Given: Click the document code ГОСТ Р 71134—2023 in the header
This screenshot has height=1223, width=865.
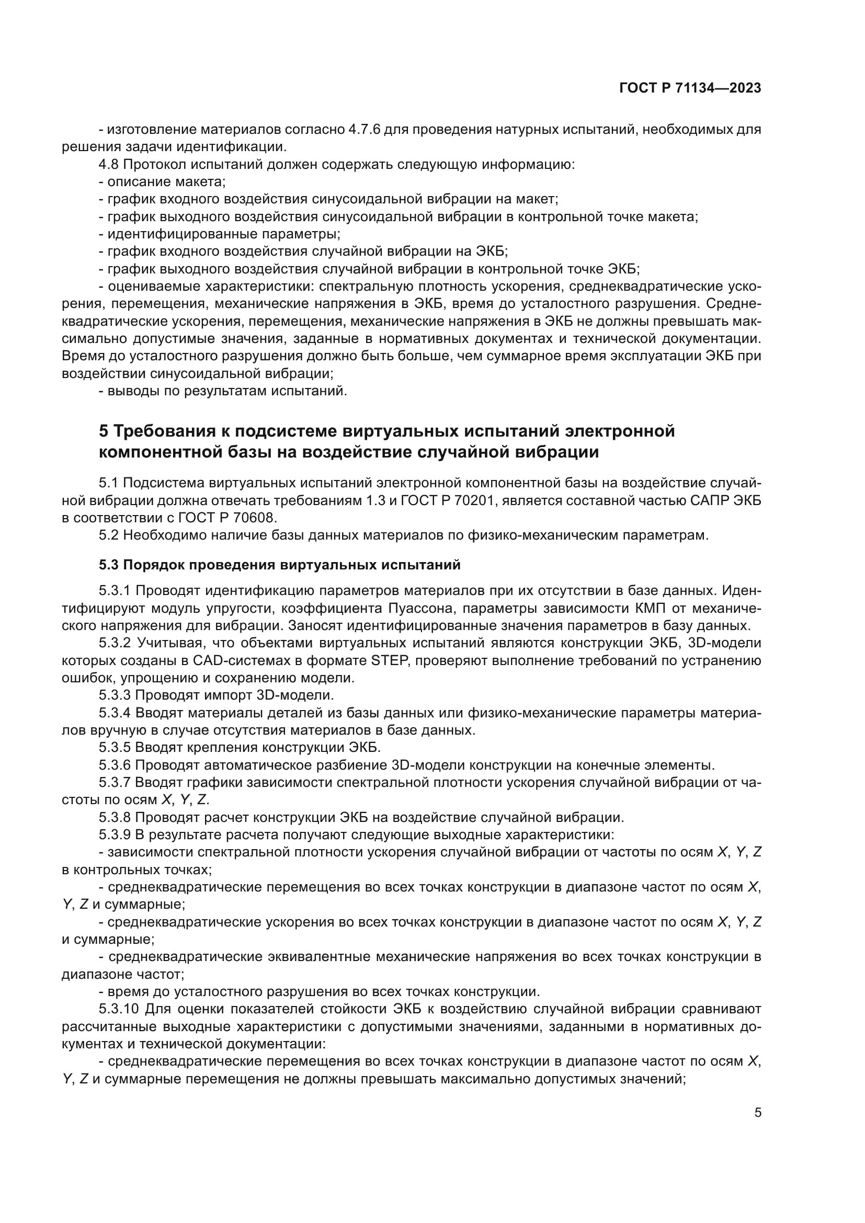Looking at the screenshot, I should click(690, 88).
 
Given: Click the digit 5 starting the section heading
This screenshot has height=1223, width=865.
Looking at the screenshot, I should click(105, 430).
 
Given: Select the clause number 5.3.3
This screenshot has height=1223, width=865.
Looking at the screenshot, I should click(115, 695).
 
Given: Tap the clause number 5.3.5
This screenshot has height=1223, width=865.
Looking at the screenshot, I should click(115, 747).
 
